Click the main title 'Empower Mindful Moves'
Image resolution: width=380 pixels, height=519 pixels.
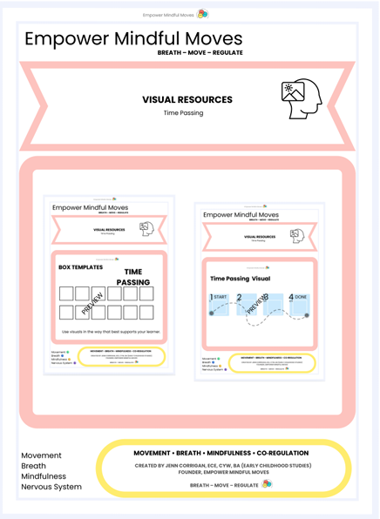(133, 39)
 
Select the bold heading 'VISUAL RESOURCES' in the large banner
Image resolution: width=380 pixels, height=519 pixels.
(187, 100)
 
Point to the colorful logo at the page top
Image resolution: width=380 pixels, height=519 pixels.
(202, 14)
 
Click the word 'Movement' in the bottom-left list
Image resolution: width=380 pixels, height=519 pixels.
(42, 455)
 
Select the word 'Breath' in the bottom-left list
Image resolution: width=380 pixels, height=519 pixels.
(35, 466)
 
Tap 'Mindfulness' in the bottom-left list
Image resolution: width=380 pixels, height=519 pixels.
(44, 476)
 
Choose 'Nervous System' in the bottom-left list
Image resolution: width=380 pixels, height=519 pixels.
(51, 487)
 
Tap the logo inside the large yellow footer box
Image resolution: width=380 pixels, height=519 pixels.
(267, 484)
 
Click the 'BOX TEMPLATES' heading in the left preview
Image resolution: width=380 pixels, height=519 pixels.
(80, 267)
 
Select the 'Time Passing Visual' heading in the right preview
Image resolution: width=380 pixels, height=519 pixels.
(241, 279)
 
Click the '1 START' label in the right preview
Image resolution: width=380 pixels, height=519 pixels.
(219, 298)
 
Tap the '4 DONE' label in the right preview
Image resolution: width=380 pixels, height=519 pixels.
(297, 298)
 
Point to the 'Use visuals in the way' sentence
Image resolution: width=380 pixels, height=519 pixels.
(107, 332)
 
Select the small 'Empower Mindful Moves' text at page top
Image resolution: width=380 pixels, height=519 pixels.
(169, 15)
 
